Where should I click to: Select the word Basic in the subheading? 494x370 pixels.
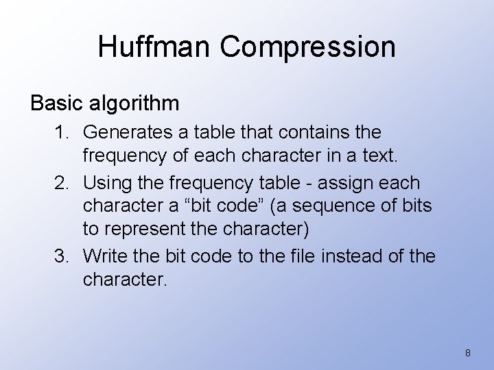tap(56, 103)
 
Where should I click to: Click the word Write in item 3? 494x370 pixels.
tap(105, 256)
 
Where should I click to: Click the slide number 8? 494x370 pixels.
tap(468, 353)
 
